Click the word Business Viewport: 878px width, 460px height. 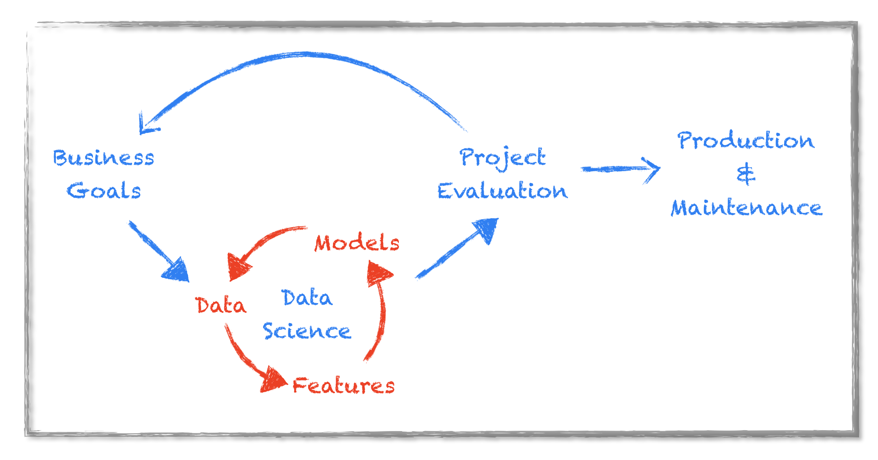coord(103,158)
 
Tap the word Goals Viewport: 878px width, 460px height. coord(104,191)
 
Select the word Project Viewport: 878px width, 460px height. coord(502,158)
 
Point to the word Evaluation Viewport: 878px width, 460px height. coord(502,191)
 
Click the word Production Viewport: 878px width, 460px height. coord(746,141)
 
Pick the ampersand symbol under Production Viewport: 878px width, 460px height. coord(745,174)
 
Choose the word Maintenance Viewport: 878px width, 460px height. coord(746,208)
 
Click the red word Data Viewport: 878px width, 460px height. coord(221,305)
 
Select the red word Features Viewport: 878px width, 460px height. coord(343,385)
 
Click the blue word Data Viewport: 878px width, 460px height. coord(307,298)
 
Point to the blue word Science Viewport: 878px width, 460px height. coord(307,331)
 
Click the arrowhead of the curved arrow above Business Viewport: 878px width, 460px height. coord(146,126)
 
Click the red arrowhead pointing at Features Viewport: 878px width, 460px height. coord(273,380)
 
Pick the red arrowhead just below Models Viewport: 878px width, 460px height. coord(378,272)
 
